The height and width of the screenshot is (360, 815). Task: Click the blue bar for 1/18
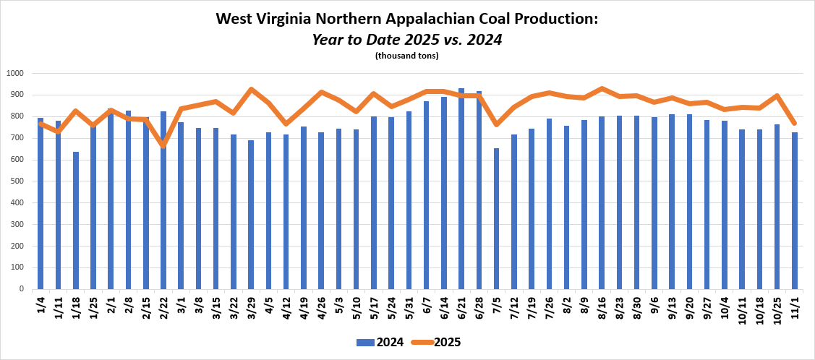pos(76,220)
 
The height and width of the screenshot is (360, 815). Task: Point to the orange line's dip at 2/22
pos(163,145)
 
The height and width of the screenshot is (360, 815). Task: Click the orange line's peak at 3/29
pos(251,90)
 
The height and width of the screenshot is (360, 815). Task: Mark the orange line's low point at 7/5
pos(496,124)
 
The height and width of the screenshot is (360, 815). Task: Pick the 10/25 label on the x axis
pos(777,309)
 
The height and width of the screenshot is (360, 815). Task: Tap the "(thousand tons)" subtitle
pos(407,56)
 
